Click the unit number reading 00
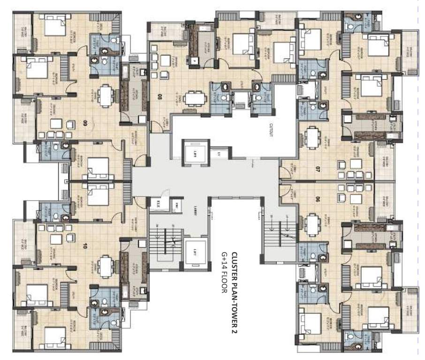coord(84,124)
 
